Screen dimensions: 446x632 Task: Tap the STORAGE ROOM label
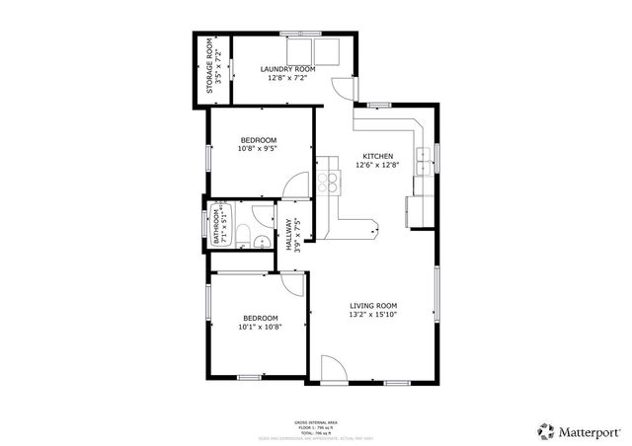(x=209, y=67)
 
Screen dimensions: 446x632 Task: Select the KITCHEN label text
(x=377, y=157)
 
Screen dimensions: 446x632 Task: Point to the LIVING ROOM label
(x=372, y=306)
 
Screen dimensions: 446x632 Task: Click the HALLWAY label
(x=288, y=235)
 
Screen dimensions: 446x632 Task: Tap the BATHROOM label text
(x=224, y=226)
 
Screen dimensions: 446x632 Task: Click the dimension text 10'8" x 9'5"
(x=259, y=149)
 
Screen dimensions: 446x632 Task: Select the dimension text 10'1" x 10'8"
(x=260, y=327)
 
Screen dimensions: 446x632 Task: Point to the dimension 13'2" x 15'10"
(x=372, y=316)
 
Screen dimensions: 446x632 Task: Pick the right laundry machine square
(x=323, y=51)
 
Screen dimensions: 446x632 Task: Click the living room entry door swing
(x=334, y=371)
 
